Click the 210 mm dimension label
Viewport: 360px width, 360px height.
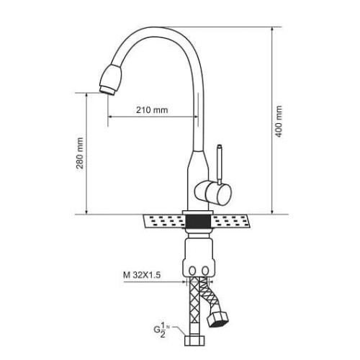coord(152,110)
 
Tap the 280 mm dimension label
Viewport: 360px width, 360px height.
coord(80,153)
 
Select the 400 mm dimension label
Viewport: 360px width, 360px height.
coord(279,121)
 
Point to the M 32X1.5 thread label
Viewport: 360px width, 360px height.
coord(142,275)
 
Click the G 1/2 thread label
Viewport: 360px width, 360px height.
coord(161,330)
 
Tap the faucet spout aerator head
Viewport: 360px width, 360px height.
coord(110,80)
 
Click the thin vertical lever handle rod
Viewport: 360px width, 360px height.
coord(220,165)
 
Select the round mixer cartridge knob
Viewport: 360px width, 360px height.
coord(213,193)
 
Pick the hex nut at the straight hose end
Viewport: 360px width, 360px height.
coord(194,341)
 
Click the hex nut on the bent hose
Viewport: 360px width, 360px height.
coord(218,320)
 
